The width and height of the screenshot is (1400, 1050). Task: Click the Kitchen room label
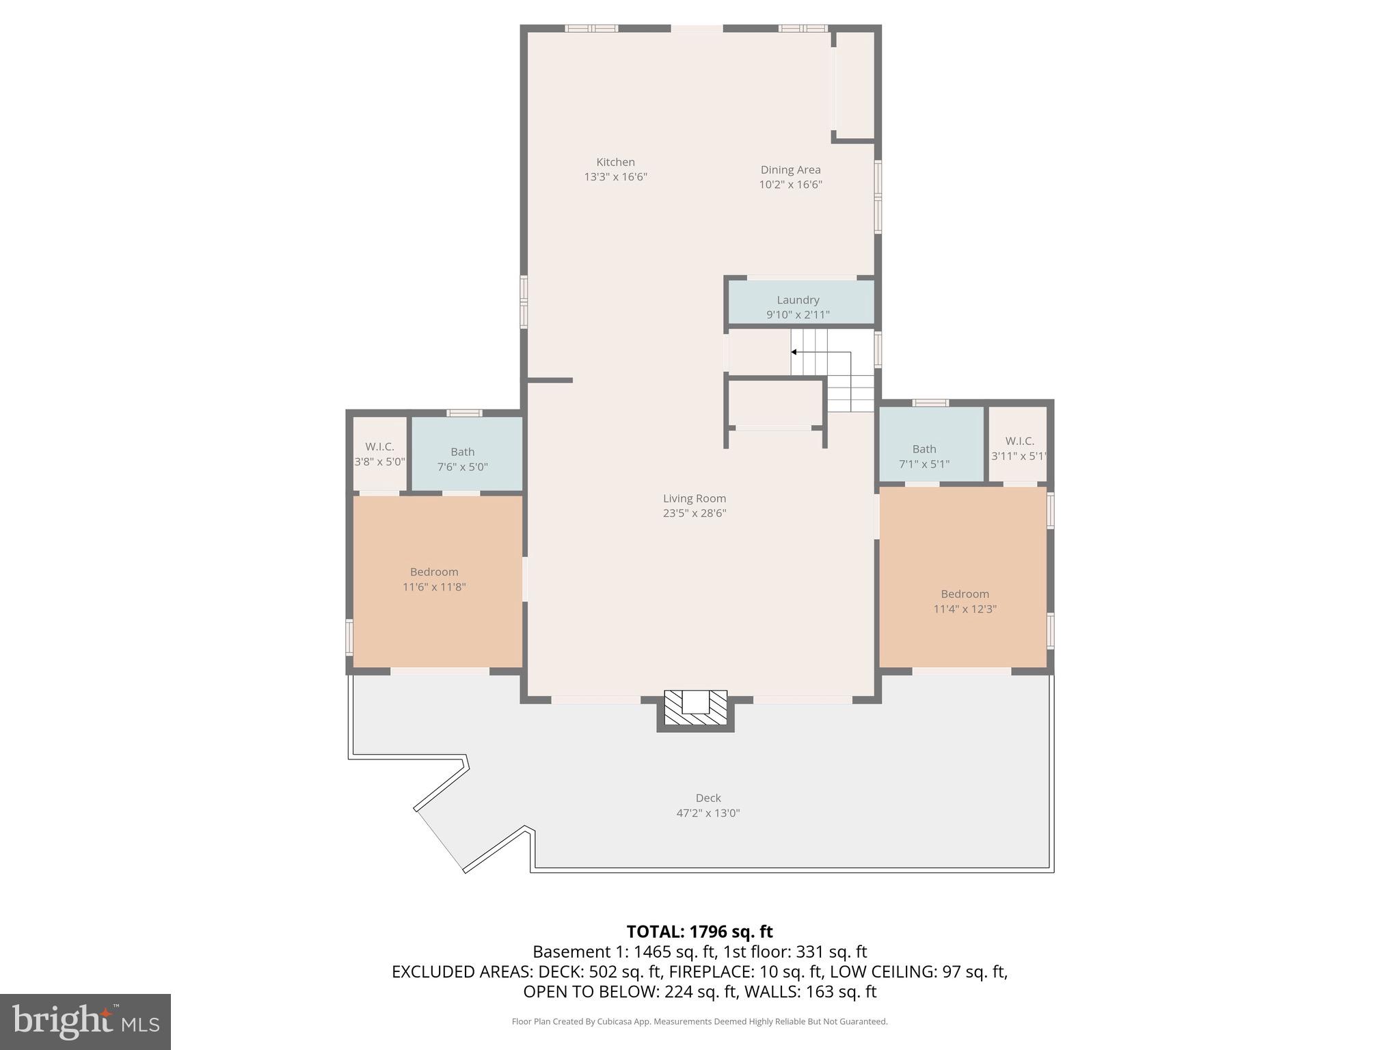615,162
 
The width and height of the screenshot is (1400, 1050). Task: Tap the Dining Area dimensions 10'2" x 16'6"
790,185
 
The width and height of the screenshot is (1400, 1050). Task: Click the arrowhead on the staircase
794,352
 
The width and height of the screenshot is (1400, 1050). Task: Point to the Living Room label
694,498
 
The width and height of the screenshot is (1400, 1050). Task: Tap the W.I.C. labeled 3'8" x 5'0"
379,453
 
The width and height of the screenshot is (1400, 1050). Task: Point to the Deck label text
708,798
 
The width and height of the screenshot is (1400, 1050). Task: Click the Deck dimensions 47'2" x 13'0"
708,813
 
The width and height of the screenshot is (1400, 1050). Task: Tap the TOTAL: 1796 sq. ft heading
699,932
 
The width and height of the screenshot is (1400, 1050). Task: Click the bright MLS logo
85,1021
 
